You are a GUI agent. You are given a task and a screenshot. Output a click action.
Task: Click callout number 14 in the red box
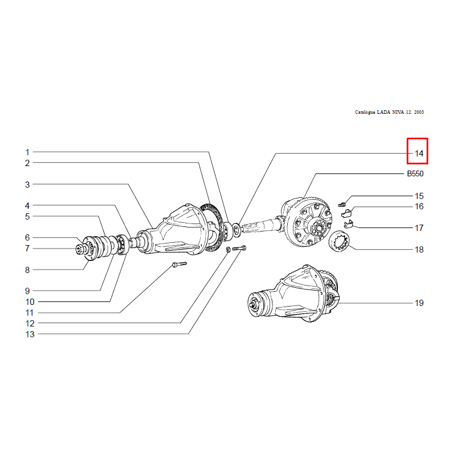[x=419, y=154]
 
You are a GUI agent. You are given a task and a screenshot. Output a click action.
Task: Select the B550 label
[x=415, y=174]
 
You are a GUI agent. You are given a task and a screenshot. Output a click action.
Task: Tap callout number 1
[x=27, y=152]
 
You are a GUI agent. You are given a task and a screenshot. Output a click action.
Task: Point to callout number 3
[x=27, y=184]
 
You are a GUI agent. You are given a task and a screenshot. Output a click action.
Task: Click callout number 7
[x=27, y=249]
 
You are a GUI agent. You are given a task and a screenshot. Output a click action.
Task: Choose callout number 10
[x=30, y=302]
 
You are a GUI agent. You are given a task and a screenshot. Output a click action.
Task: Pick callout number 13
[x=30, y=334]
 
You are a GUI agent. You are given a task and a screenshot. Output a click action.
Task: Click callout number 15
[x=419, y=196]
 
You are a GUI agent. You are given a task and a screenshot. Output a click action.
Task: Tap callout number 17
[x=419, y=228]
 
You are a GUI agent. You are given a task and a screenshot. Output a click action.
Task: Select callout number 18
[x=419, y=250]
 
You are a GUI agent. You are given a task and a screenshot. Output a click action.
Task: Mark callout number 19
[x=419, y=303]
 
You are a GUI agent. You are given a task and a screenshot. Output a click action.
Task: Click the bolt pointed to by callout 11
[x=179, y=264]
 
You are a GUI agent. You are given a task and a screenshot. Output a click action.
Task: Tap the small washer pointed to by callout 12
[x=229, y=250]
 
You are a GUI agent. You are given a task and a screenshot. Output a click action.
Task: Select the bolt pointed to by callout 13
[x=239, y=249]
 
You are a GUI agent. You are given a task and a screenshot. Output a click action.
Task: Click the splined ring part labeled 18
[x=340, y=241]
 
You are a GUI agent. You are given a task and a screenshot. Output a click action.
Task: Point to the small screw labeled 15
[x=342, y=205]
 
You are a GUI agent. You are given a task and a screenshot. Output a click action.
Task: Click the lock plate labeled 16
[x=346, y=213]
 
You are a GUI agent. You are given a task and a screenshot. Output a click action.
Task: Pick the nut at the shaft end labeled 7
[x=79, y=250]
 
